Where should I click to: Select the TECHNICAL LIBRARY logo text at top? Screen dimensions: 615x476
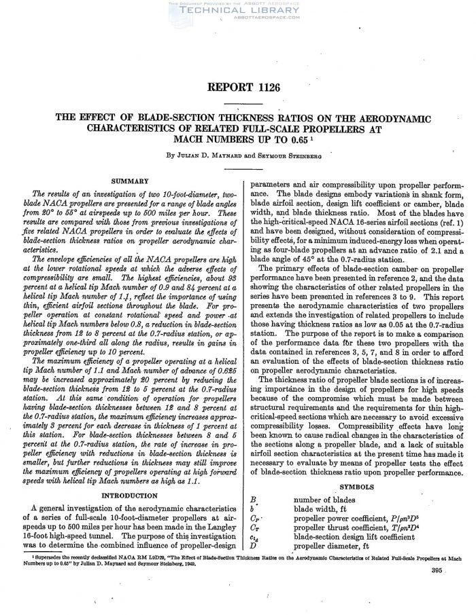pyautogui.click(x=237, y=11)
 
